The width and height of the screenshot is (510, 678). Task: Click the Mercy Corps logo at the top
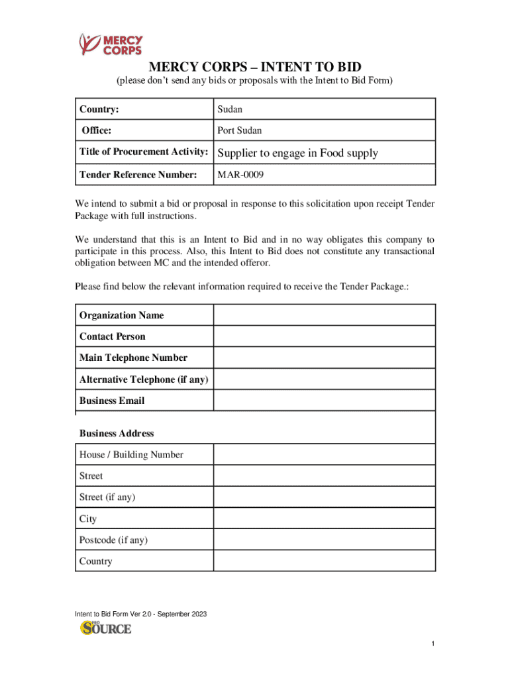[x=111, y=44]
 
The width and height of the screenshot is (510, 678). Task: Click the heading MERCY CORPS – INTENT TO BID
[x=255, y=67]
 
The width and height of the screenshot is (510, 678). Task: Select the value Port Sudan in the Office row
[x=239, y=130]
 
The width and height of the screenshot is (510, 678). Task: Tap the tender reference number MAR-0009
[x=242, y=175]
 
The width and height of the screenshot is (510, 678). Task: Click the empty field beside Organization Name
[x=324, y=315]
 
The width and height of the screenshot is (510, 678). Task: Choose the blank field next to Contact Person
[x=324, y=336]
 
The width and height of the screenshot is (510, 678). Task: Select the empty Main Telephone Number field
[x=324, y=358]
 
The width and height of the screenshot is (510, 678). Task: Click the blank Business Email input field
[x=324, y=401]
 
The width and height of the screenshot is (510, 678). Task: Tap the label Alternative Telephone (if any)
[x=144, y=379]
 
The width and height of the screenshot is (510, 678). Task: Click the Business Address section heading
[x=117, y=433]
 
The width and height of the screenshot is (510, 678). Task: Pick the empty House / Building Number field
[x=324, y=455]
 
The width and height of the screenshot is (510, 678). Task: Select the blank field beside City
[x=324, y=518]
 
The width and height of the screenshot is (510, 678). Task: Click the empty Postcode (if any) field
[x=324, y=540]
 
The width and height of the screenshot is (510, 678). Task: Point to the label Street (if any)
[x=107, y=497]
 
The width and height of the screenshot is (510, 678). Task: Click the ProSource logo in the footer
[x=106, y=628]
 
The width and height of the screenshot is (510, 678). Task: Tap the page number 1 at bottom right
[x=432, y=644]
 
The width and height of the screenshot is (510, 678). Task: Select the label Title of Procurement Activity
[x=144, y=152]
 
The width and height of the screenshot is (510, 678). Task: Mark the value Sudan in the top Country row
[x=230, y=109]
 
